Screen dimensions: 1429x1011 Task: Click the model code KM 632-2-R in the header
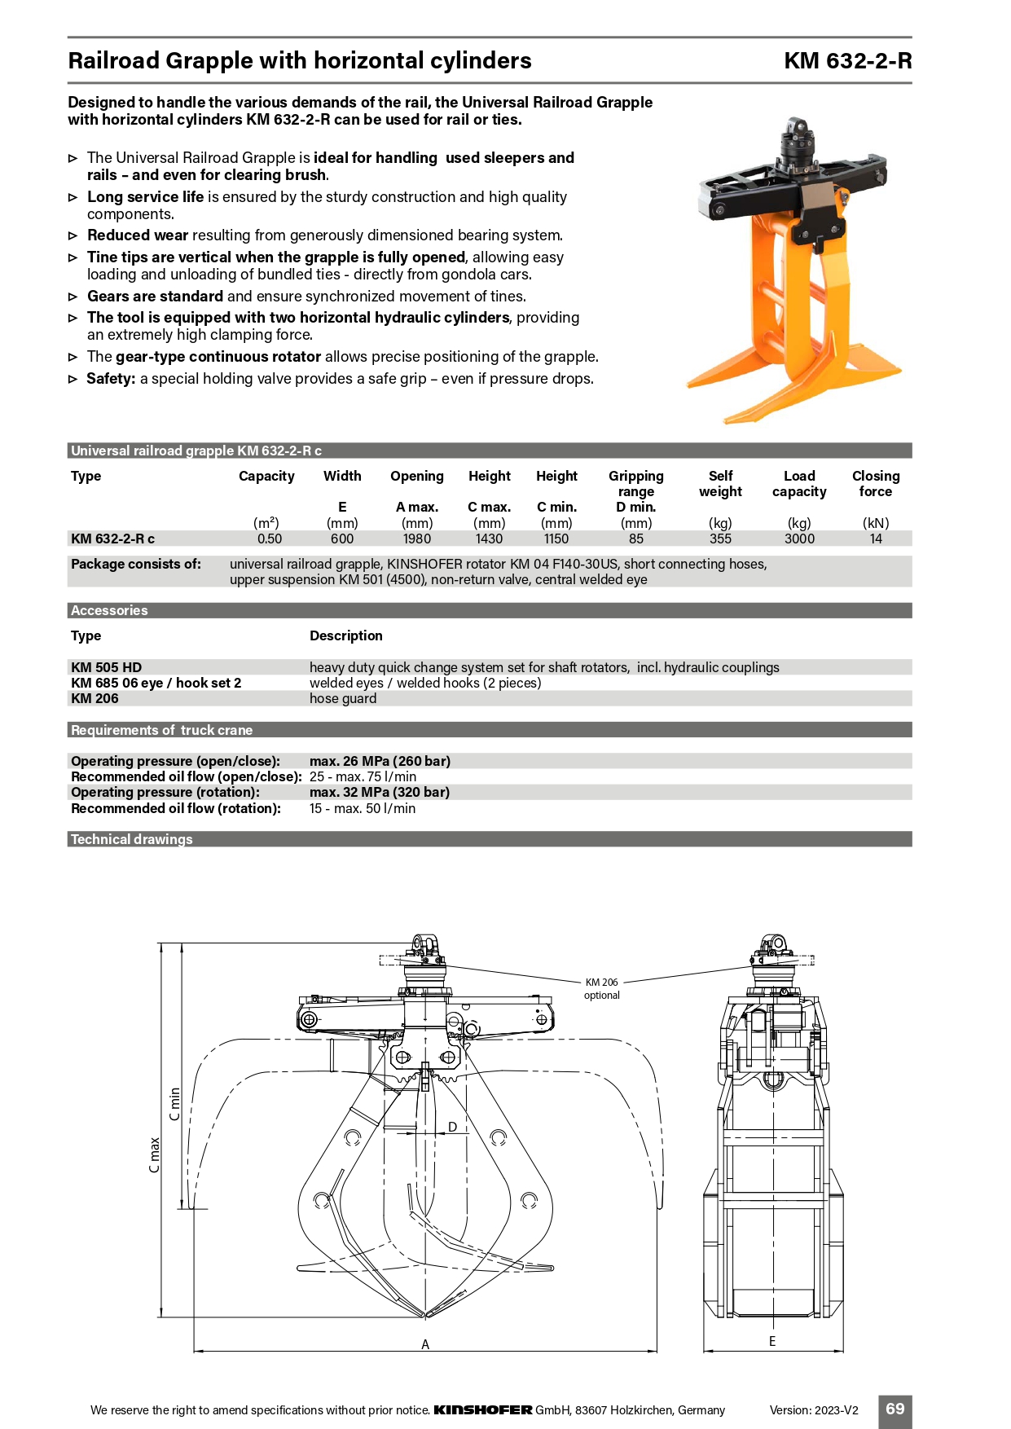coord(847,61)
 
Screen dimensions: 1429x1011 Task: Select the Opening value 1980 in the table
coord(417,539)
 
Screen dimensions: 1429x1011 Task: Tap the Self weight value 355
coord(720,539)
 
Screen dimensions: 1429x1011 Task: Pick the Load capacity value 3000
coord(799,539)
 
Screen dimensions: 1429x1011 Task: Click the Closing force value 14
coord(876,539)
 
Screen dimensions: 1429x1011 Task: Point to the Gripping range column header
coord(636,484)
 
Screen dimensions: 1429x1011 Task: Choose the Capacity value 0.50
coord(270,539)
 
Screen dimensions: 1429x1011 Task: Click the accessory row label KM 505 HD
coord(107,667)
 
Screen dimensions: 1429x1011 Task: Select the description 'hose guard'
coord(343,698)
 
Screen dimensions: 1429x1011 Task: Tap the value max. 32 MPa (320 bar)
coord(380,792)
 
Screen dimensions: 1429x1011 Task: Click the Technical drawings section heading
coord(132,839)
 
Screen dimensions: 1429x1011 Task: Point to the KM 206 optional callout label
coord(602,988)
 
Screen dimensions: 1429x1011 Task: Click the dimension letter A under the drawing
coord(425,1344)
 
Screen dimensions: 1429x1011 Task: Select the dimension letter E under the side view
coord(772,1341)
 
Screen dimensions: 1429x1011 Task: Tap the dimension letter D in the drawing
coord(452,1128)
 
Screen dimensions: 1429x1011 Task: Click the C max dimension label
coord(155,1155)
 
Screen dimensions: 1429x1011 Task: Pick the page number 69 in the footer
coord(895,1409)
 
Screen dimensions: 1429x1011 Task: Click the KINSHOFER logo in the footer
coord(483,1410)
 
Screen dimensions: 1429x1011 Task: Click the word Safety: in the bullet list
coord(111,379)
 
